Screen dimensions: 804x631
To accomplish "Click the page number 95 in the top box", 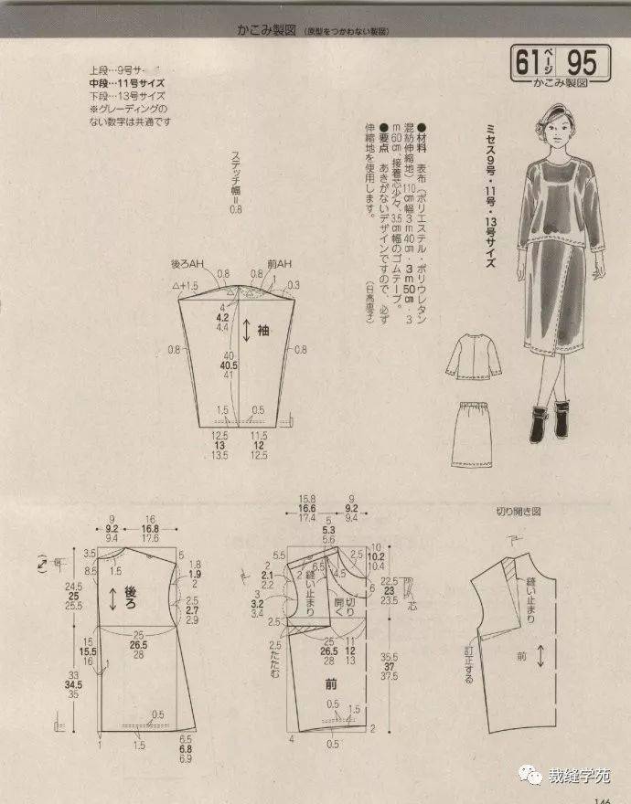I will pyautogui.click(x=581, y=63).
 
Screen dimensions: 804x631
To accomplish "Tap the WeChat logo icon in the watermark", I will pyautogui.click(x=531, y=776).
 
